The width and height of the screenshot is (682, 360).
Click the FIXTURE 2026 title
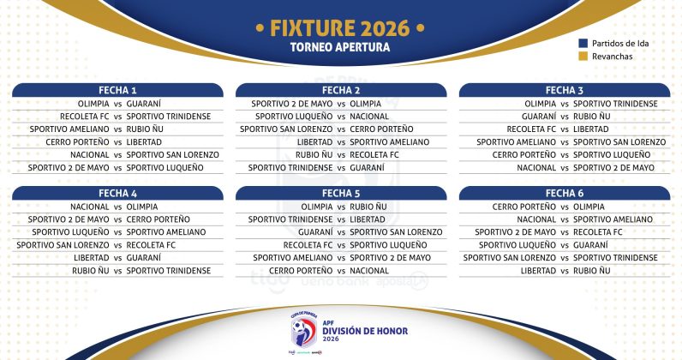coord(341,28)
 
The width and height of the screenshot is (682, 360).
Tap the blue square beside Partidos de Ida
coord(583,43)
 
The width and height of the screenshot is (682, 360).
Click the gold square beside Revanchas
coord(583,57)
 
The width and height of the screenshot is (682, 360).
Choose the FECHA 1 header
coord(117,90)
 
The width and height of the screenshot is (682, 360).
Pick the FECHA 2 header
coord(341,90)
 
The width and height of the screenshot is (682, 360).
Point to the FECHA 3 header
coord(565,90)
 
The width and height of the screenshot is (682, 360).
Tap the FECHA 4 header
coord(117,193)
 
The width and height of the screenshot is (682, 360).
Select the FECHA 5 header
coord(341,193)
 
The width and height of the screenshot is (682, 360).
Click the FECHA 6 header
coord(565,193)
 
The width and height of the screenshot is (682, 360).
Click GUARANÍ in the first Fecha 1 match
coord(143,104)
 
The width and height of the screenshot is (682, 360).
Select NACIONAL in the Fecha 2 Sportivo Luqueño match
coord(369,116)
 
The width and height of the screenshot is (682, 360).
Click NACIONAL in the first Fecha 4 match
coord(90,207)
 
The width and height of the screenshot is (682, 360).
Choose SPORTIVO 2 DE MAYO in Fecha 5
coord(390,257)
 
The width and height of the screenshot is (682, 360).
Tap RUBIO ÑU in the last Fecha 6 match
coord(591,270)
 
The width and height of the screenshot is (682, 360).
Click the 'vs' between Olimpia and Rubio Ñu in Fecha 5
coord(341,207)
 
